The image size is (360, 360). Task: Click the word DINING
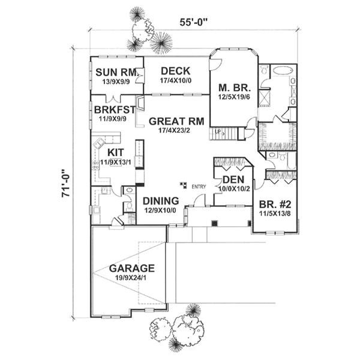tap(160, 200)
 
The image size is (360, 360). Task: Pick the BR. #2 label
tap(273, 202)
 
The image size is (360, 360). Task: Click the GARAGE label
tap(131, 268)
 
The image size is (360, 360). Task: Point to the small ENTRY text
tap(199, 187)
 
